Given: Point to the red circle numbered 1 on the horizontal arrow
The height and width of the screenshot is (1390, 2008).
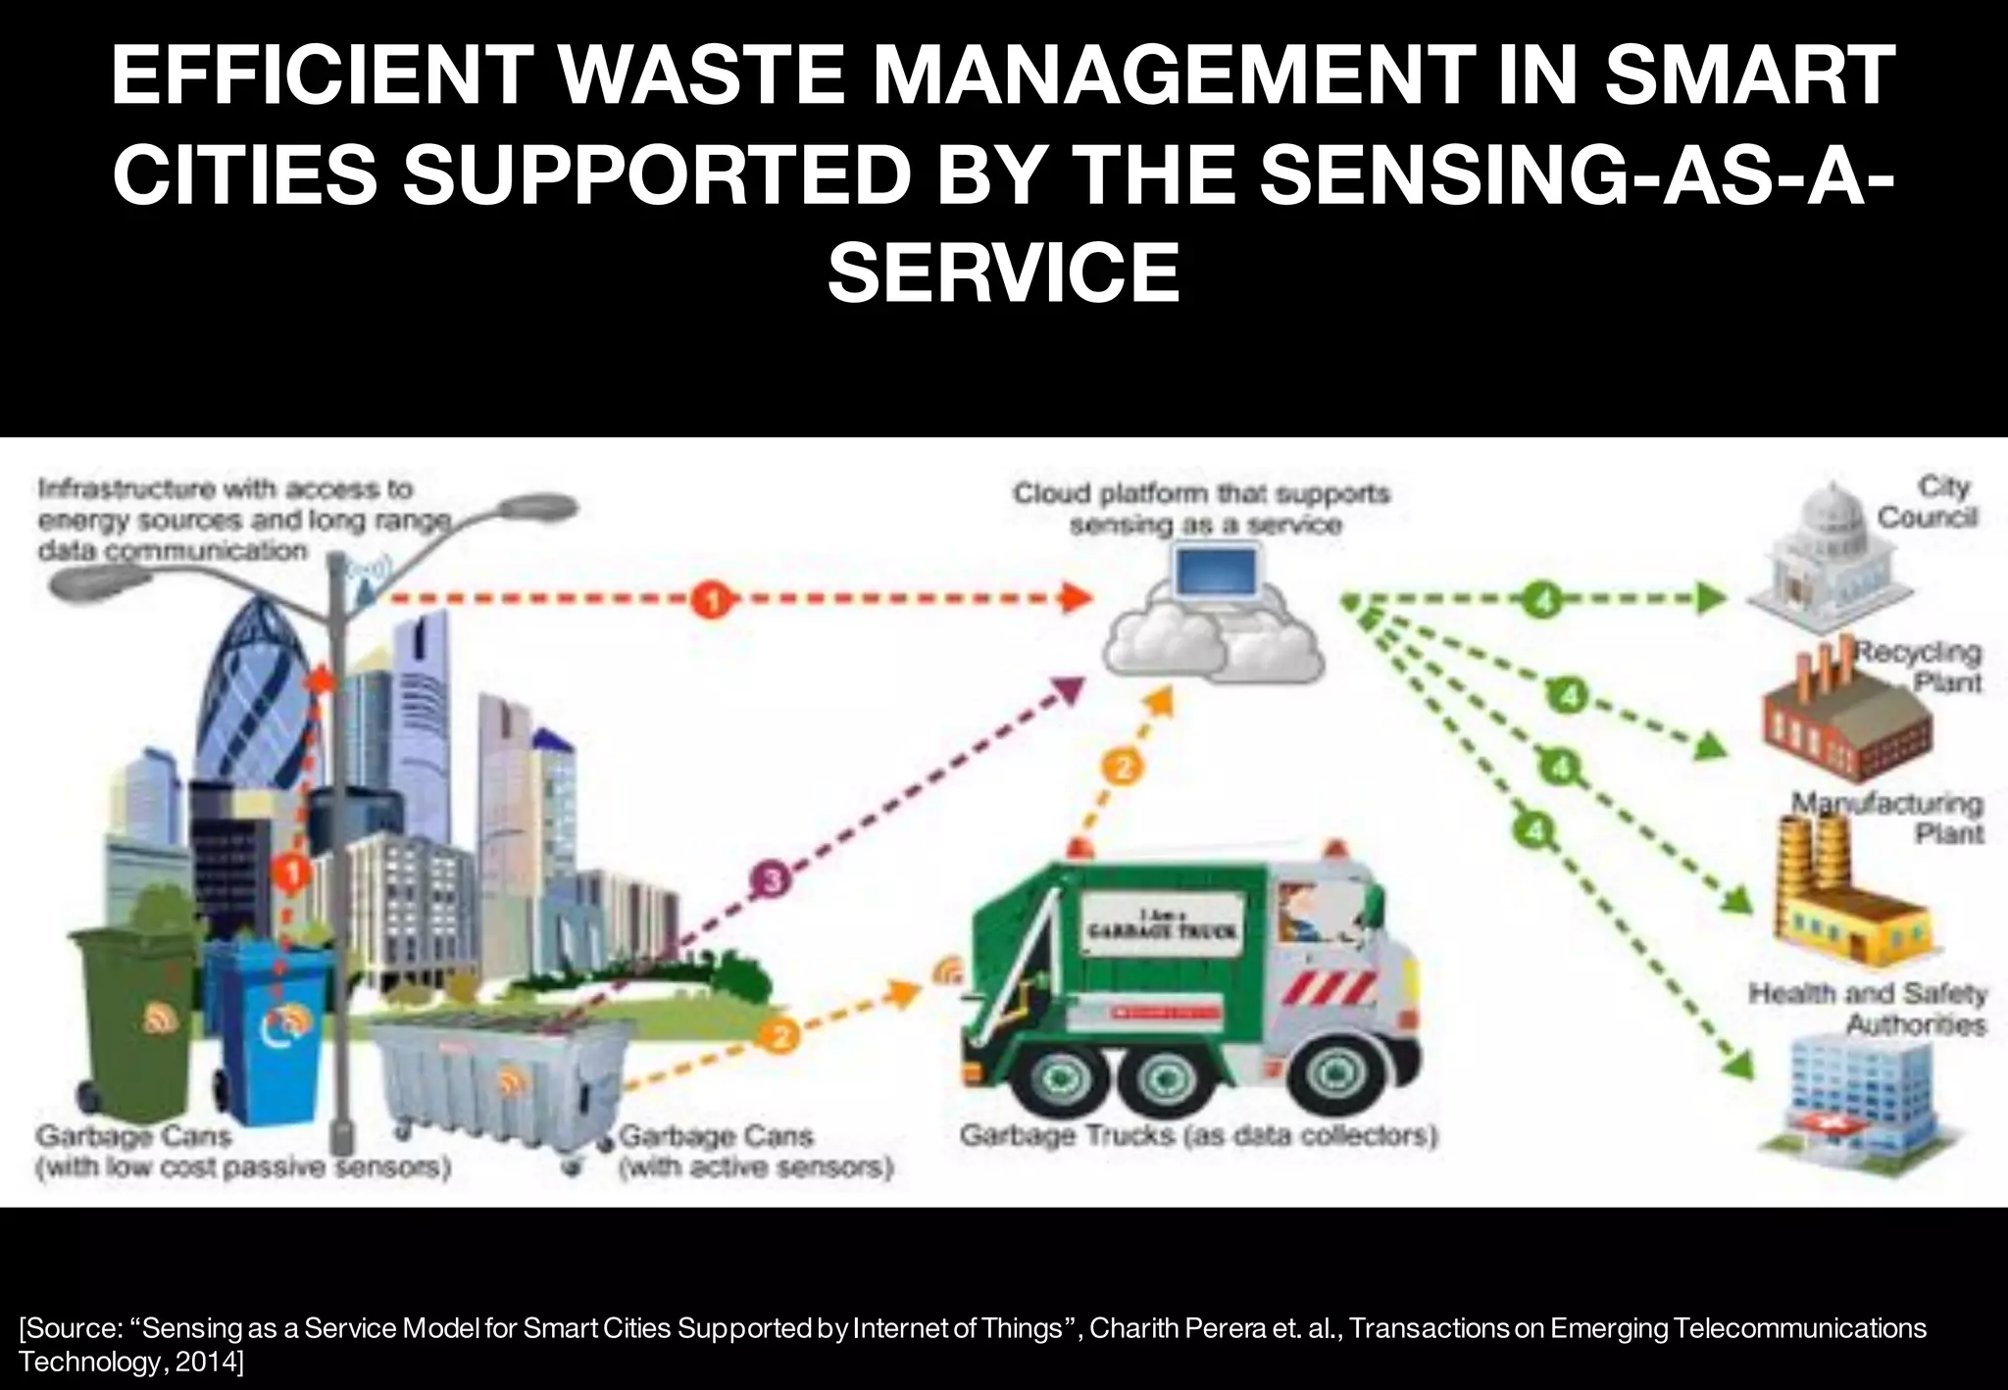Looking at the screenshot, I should (x=712, y=599).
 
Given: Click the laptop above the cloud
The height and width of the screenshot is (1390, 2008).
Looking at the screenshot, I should (x=1217, y=572).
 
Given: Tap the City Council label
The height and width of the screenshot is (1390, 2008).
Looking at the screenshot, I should (x=1928, y=502).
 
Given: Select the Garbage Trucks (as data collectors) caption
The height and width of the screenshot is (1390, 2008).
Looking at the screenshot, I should (x=1198, y=1136).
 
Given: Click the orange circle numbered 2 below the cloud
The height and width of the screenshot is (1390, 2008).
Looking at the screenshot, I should (x=1124, y=767).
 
